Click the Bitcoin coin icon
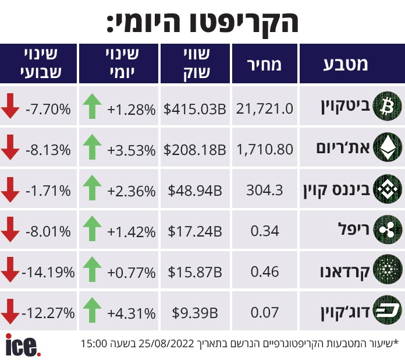pos(388,106)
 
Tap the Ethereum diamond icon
pos(388,147)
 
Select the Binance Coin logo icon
pos(388,189)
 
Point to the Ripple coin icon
pos(388,230)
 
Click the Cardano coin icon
pos(388,270)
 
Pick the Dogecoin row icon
pos(388,310)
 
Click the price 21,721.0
pos(265,108)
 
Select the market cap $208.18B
pos(195,150)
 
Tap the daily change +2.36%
pos(132,192)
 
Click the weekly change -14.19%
pos(48,272)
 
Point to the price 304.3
pos(265,190)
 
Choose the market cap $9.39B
pos(195,313)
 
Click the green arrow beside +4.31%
pos(92,310)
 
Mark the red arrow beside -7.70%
pos(10,106)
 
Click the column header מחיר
pos(264,65)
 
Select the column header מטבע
pos(346,65)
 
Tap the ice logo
pos(23,345)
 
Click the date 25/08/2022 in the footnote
pos(166,344)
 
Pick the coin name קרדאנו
pos(345,272)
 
